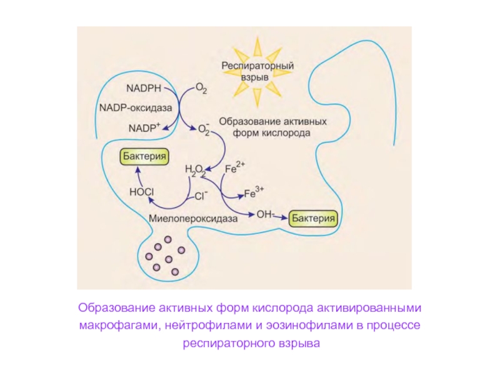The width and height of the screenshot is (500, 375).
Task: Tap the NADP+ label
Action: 144,127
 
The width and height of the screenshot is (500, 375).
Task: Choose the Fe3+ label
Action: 254,192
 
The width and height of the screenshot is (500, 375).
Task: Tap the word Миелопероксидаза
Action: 194,219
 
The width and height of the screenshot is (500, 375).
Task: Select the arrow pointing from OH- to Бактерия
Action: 282,217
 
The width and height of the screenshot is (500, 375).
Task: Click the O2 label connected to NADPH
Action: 202,89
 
